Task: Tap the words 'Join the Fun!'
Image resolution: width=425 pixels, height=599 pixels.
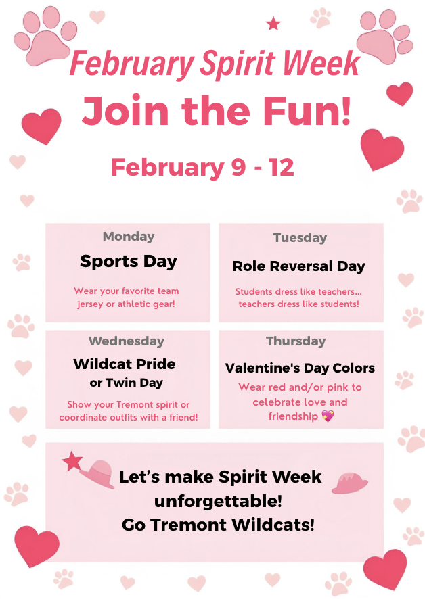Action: point(217,111)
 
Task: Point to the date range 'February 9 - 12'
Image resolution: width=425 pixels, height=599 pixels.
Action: point(202,167)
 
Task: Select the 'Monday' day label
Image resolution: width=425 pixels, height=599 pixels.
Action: point(129,237)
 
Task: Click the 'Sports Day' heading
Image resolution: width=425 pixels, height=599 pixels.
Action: point(129,261)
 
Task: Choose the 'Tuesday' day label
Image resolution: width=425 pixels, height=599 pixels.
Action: point(300,238)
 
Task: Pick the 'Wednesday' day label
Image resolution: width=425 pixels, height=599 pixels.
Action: point(126,341)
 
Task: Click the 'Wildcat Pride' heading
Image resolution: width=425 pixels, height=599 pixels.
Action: point(125,364)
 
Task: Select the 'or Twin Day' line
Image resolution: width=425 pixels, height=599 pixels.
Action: point(127,383)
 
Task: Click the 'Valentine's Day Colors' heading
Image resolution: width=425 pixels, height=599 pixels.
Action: point(300,368)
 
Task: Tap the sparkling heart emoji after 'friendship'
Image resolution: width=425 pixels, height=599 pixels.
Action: point(328,416)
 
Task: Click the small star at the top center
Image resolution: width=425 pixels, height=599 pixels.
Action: point(273,24)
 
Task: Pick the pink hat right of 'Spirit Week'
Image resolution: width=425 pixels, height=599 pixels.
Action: point(350,482)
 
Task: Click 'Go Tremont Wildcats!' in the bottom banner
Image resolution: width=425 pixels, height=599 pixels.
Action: point(218,525)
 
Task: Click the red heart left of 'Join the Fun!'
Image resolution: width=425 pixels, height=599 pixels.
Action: point(41,126)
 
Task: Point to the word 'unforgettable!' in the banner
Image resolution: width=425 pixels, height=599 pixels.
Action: point(218,501)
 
